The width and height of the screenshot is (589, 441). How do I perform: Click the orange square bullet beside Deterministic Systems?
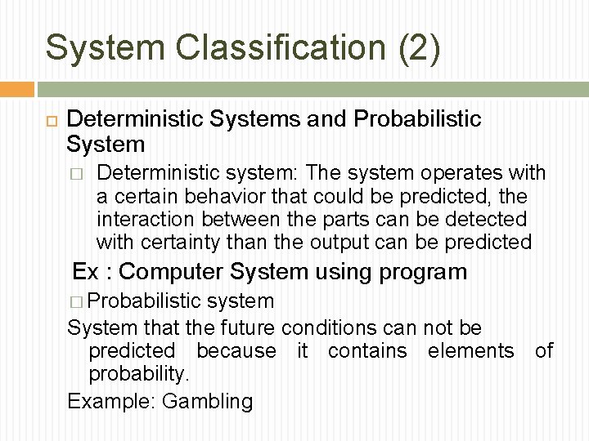pos(49,119)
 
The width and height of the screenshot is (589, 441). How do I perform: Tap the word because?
pos(236,351)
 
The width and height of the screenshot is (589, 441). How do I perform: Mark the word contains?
pos(366,351)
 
